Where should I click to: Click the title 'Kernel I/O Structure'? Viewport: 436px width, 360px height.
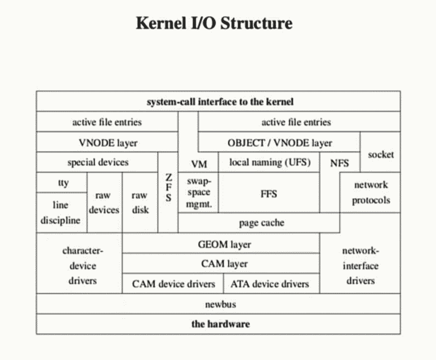point(214,24)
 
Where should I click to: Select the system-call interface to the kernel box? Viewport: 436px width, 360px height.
point(218,102)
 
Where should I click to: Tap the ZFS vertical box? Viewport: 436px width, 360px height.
point(168,189)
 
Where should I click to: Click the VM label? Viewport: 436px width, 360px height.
point(199,164)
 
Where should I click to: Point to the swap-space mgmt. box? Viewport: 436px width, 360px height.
point(199,193)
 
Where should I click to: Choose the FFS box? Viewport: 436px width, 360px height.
point(269,193)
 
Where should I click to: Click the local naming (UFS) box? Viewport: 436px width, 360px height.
point(269,162)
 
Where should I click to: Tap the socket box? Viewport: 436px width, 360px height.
point(381,154)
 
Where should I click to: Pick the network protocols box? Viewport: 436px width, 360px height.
point(371,193)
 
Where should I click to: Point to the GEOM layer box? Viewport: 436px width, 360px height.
point(220,244)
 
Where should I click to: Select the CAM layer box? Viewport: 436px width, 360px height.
point(220,263)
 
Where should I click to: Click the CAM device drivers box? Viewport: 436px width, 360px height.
point(173,284)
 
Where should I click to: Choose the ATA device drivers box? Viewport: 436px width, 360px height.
point(271,284)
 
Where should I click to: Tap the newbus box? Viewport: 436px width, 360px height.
point(218,303)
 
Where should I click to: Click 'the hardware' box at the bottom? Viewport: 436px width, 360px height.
point(218,324)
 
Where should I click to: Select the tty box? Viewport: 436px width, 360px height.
point(63,183)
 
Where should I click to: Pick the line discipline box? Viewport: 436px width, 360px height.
point(63,212)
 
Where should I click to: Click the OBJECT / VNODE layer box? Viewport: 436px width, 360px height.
point(279,143)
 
